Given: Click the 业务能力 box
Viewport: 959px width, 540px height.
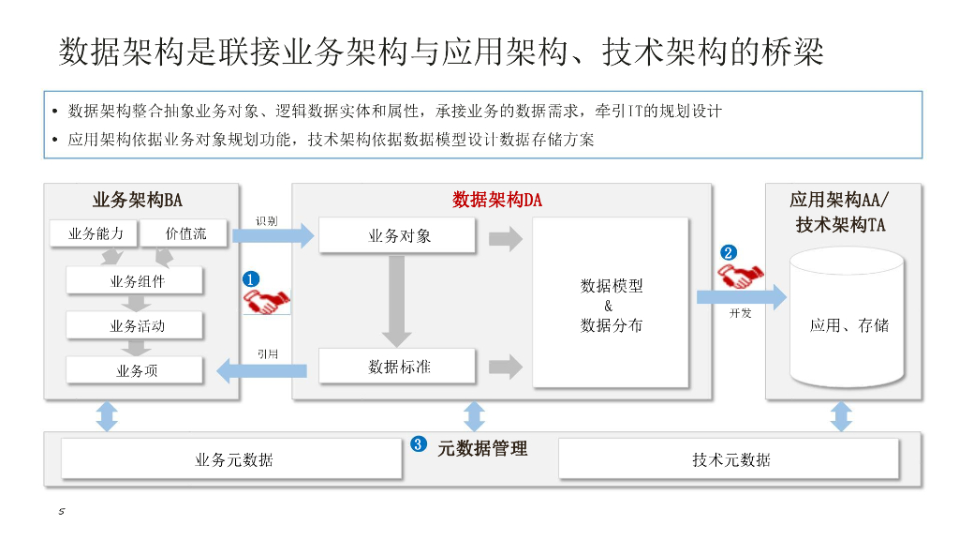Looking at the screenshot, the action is [x=95, y=233].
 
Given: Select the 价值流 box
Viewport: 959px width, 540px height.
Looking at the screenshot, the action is [x=184, y=233].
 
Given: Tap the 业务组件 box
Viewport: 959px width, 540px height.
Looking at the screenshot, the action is [x=135, y=281].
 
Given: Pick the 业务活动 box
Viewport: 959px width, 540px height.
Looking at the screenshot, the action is [x=135, y=325].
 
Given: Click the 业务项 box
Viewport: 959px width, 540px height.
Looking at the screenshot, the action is [x=135, y=370].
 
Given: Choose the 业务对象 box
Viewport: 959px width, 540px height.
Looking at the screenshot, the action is [x=397, y=235].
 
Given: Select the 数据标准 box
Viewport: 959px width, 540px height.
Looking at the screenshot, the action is [x=397, y=367].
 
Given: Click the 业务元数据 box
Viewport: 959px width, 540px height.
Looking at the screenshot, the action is [x=232, y=459].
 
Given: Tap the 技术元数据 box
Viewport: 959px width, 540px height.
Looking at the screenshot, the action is [x=729, y=459].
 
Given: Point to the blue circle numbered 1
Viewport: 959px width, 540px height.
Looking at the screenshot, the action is [x=251, y=279].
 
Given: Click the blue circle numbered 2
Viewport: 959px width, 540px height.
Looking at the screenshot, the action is [x=729, y=252].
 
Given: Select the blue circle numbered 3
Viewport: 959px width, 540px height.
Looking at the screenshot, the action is [x=419, y=443].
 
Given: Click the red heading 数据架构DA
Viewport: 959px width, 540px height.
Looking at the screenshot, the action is [x=497, y=200].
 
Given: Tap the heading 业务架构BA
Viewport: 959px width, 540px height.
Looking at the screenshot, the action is [x=138, y=200].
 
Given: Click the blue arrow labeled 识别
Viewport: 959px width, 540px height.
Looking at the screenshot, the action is [x=273, y=235].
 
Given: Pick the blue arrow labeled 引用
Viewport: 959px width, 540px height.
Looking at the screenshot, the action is [x=262, y=370].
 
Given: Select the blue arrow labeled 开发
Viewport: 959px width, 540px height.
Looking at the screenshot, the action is [x=742, y=297].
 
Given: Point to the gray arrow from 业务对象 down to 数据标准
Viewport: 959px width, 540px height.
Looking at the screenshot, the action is [x=397, y=301].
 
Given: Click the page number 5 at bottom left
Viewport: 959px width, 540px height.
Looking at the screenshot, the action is [x=61, y=511].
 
